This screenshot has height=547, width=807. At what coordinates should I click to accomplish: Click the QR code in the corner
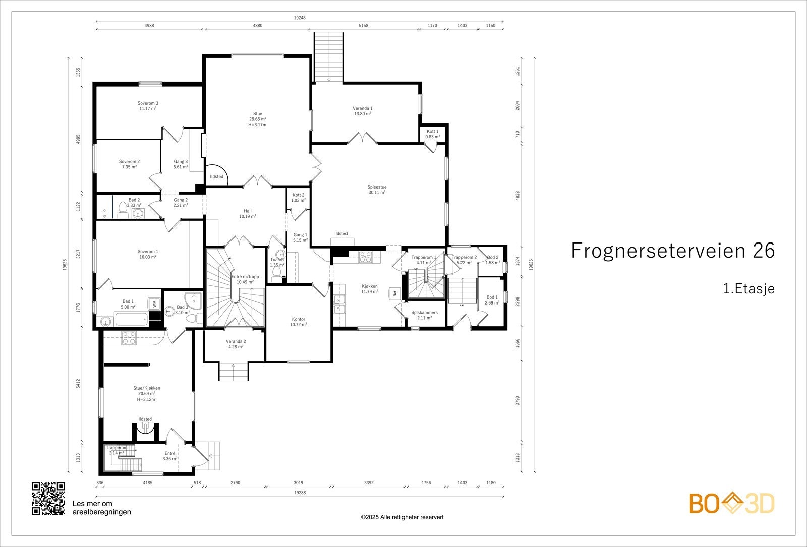tap(48, 499)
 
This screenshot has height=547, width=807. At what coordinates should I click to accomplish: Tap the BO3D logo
tap(732, 503)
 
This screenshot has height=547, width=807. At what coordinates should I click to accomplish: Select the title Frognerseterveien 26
tap(673, 250)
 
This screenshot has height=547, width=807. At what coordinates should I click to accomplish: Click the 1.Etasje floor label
tap(748, 288)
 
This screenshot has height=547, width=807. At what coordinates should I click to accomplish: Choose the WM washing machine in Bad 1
tap(154, 304)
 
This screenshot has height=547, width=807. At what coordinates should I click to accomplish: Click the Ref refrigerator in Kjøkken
tap(395, 293)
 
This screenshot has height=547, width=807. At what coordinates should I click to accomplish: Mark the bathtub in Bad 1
tap(131, 320)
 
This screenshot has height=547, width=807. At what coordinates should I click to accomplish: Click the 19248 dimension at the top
tap(300, 18)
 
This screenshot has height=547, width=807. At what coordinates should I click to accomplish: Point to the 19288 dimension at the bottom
tap(300, 492)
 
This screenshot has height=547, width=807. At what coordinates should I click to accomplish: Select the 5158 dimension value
tap(363, 26)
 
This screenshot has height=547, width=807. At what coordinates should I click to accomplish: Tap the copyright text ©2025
tap(402, 517)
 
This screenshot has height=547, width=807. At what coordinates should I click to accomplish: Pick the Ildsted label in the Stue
tap(216, 176)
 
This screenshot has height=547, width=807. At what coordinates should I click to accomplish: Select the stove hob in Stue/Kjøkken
tap(129, 338)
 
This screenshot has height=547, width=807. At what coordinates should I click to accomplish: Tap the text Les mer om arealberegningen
tap(101, 508)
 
